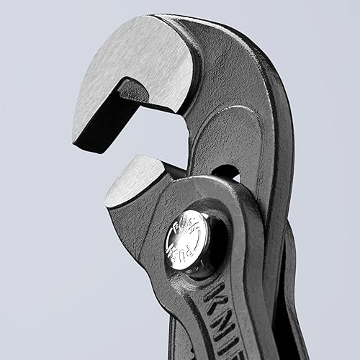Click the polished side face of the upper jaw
tap(130, 65)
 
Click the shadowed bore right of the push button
tap(216, 238)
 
